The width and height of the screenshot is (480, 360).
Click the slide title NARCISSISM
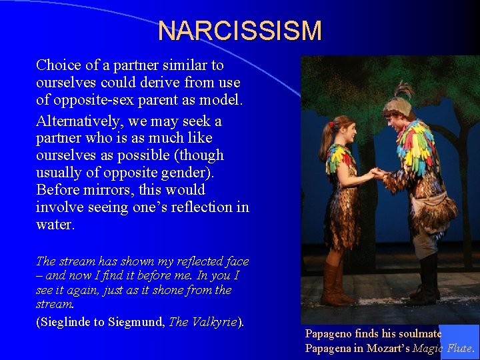click(x=240, y=31)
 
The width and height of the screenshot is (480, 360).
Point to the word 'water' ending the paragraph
click(x=54, y=225)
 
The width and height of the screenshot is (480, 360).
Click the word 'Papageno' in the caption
click(x=331, y=333)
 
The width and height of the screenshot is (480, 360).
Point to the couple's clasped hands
click(x=378, y=173)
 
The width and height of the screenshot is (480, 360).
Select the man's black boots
click(x=427, y=280)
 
